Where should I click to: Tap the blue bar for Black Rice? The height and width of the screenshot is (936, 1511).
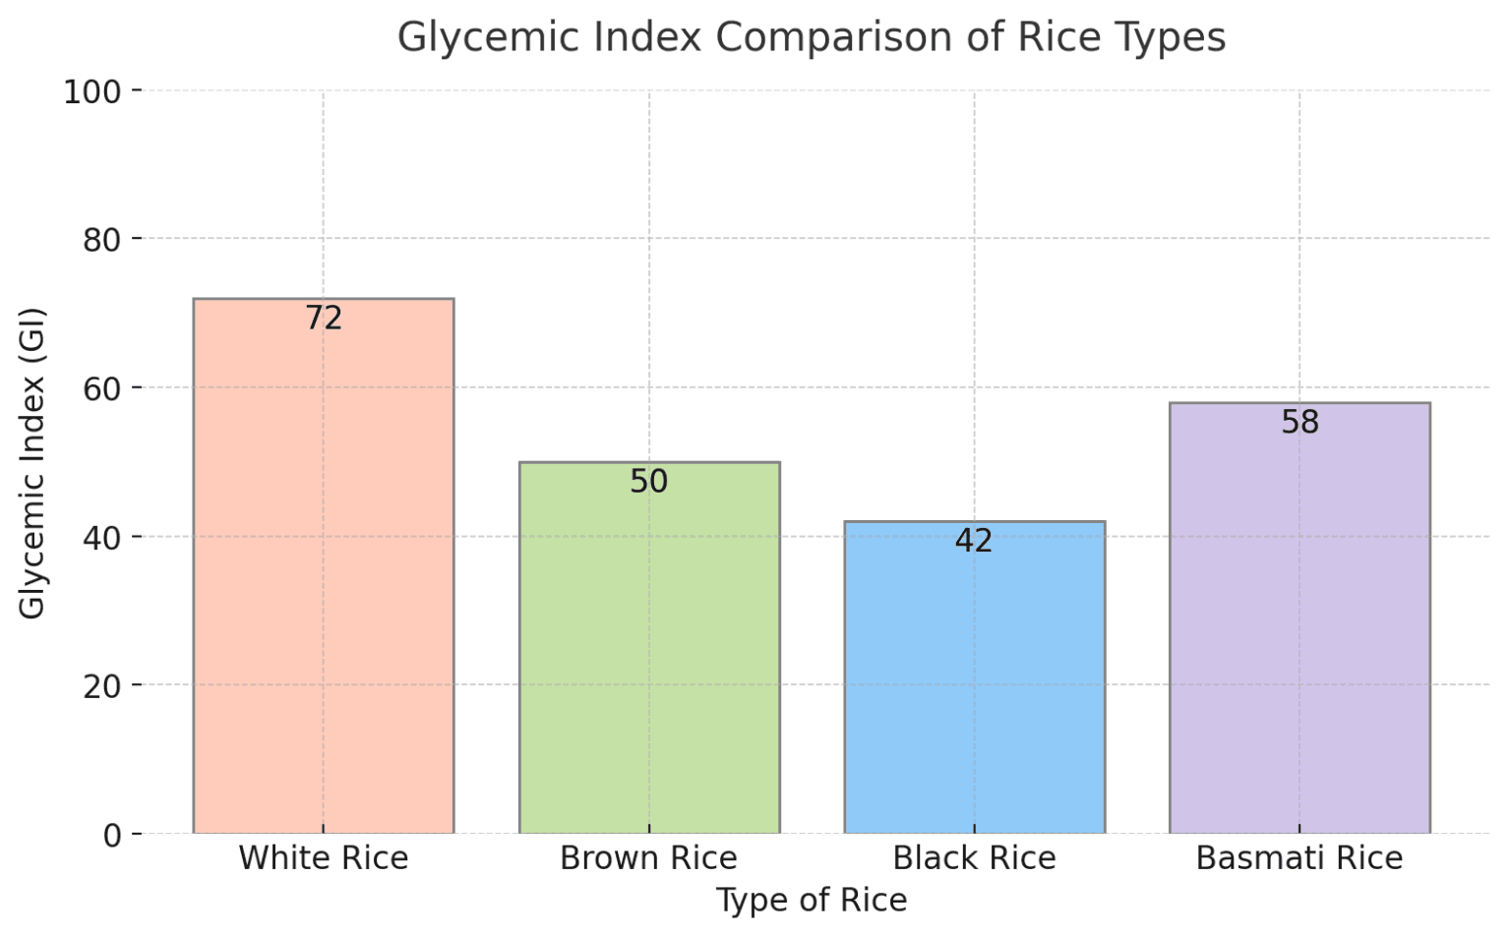click(974, 688)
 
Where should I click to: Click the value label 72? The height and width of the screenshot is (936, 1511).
click(323, 318)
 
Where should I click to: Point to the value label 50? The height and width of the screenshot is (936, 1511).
click(648, 481)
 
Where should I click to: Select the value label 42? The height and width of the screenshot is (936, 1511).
click(974, 540)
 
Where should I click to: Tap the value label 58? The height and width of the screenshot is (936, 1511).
click(1299, 422)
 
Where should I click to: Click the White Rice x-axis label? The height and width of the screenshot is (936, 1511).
click(323, 858)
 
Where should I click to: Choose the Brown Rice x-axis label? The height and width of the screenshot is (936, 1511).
click(648, 858)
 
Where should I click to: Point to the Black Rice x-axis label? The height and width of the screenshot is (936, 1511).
click(974, 858)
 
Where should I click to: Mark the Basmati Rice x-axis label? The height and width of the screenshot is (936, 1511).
click(1299, 858)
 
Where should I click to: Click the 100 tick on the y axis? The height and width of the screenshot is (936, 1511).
click(91, 91)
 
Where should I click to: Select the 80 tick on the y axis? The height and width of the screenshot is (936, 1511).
click(101, 239)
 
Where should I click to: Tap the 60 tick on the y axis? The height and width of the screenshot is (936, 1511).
click(101, 388)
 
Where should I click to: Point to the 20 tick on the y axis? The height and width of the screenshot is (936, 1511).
click(101, 685)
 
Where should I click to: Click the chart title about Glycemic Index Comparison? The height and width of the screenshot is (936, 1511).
click(812, 37)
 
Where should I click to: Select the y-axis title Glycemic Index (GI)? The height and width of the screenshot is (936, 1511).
click(32, 462)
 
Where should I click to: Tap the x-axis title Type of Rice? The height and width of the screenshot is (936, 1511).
click(812, 901)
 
